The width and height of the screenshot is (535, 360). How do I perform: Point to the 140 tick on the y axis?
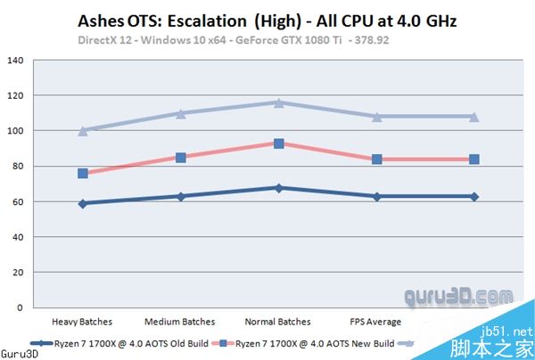tap(16, 61)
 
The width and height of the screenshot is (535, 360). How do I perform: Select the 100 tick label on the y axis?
tap(16, 131)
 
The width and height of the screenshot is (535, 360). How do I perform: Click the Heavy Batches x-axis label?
tap(82, 322)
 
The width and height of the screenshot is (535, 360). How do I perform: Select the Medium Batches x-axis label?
tap(180, 322)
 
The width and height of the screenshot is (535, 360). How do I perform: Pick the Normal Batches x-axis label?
tap(278, 322)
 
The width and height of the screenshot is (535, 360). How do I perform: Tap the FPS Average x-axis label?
tap(376, 322)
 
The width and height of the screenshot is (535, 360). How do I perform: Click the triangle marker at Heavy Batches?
tap(83, 130)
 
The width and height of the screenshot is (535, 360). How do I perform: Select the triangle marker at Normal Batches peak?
tap(279, 102)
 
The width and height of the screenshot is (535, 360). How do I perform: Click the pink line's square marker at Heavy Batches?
tap(83, 173)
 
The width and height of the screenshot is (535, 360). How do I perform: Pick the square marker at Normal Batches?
tap(279, 143)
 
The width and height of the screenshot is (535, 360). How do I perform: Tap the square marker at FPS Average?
tap(377, 160)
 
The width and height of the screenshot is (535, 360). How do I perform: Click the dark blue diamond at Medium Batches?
tap(181, 196)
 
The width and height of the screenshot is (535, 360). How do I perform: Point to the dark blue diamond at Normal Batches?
tap(279, 188)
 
